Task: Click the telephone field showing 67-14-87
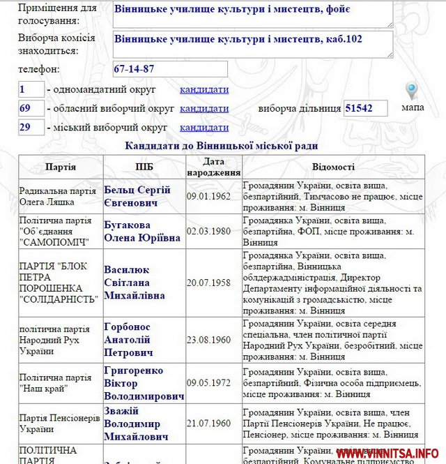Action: coord(170,69)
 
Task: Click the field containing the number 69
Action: coord(31,108)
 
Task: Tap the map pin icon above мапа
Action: coord(412,91)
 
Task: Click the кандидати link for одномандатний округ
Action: coord(204,89)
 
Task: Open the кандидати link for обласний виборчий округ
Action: coord(204,108)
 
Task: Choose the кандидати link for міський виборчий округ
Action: coord(204,128)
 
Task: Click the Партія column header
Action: coord(61,167)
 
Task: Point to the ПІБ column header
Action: coord(144,167)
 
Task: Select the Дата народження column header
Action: coord(213,167)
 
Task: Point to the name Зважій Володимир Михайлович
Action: coord(137,424)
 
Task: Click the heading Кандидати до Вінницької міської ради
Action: coord(221,146)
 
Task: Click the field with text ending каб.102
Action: coord(253,43)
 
